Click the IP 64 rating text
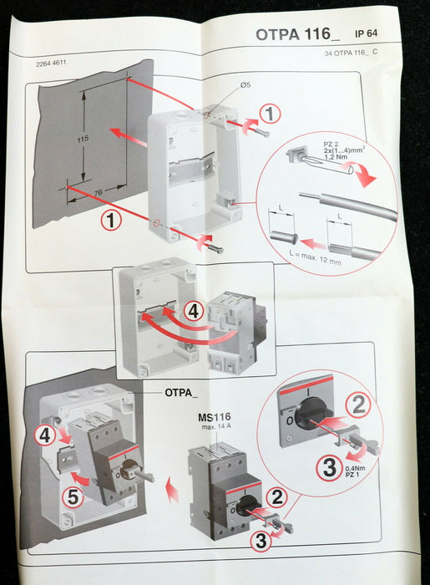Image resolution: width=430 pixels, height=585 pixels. pos(366,33)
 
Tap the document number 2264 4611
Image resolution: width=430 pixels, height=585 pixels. pos(51,63)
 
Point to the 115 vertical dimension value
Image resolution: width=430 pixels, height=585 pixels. pos(83,139)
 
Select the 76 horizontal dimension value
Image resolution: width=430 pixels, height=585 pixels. pos(98,193)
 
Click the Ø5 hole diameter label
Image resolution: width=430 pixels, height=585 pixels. pos(245,84)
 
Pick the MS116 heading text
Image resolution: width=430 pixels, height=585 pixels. pos(214,417)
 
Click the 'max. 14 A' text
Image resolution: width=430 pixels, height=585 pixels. pos(216,426)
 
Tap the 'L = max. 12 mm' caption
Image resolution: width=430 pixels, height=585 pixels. pos(315,257)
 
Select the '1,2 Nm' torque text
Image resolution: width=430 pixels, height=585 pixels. pos(336,157)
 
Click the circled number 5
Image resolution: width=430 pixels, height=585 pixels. pos(73,497)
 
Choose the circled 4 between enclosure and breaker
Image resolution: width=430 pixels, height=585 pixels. pos(194,311)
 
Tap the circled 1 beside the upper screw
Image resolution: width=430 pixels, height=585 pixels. pos(270,114)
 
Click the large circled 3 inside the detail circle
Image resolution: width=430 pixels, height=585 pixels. pos(330,468)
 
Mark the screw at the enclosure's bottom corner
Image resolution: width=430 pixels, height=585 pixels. pos(215,248)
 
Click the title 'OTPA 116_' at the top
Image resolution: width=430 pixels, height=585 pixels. pos(298,34)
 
